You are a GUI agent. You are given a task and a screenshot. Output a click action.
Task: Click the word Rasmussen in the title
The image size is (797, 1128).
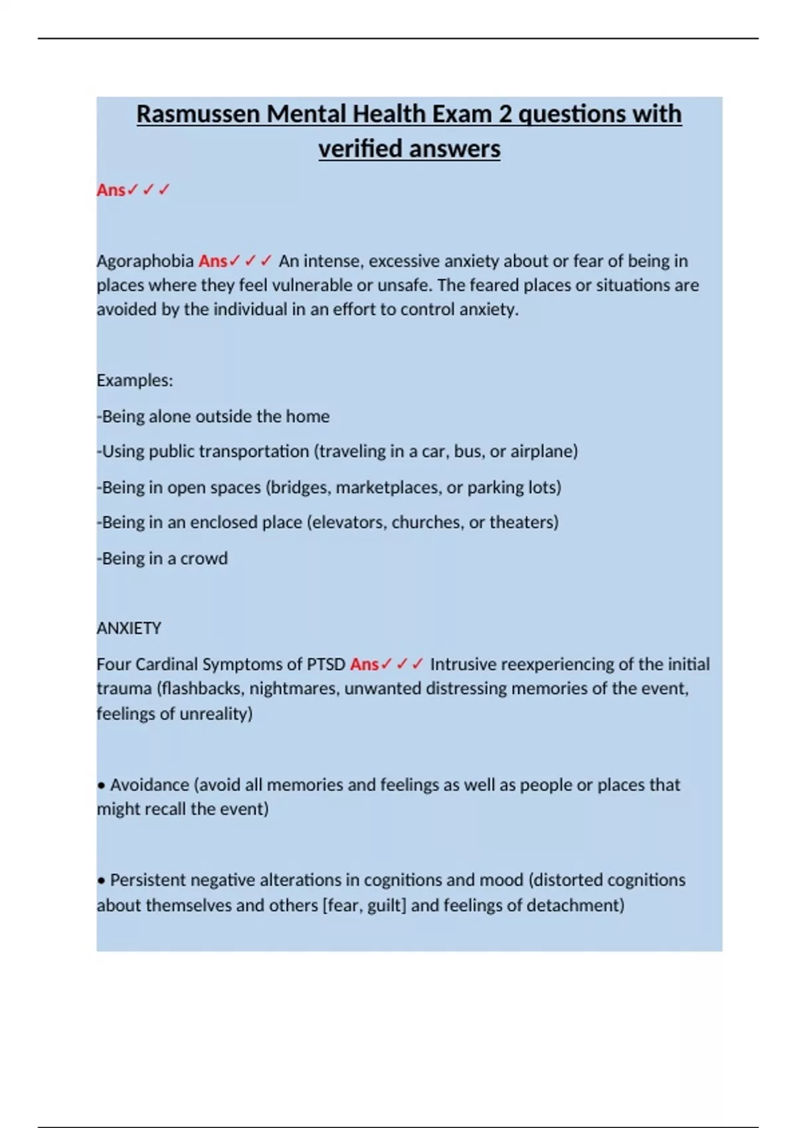coord(198,114)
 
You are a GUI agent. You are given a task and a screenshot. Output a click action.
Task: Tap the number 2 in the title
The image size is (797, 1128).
coord(505,114)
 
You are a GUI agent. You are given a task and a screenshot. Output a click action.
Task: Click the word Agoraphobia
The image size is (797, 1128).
coord(145,261)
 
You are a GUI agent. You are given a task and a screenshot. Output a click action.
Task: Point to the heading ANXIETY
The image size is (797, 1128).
coord(129,628)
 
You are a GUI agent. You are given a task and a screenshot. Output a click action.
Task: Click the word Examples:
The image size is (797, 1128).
coord(135,380)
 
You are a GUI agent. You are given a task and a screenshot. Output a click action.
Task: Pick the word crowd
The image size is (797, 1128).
coord(204,558)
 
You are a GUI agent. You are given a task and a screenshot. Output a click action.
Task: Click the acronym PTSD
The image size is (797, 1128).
coord(325,664)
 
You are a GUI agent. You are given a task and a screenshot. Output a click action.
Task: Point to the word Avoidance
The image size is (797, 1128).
coord(149,785)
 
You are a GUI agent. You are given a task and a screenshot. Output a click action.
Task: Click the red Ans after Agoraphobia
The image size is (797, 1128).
coord(213,261)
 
